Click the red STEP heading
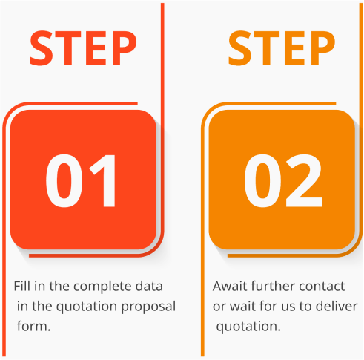tap(83, 48)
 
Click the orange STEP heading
tap(282, 48)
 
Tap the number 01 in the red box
tap(80, 180)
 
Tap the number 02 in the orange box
tap(283, 180)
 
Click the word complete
tap(102, 287)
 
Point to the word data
tap(149, 287)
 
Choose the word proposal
tap(148, 307)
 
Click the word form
tap(34, 326)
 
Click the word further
tap(273, 287)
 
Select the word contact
tap(322, 287)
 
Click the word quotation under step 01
tap(87, 307)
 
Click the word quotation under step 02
tap(248, 327)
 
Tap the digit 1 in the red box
tap(103, 180)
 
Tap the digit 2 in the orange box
tap(304, 180)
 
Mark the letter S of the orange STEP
tap(240, 48)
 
